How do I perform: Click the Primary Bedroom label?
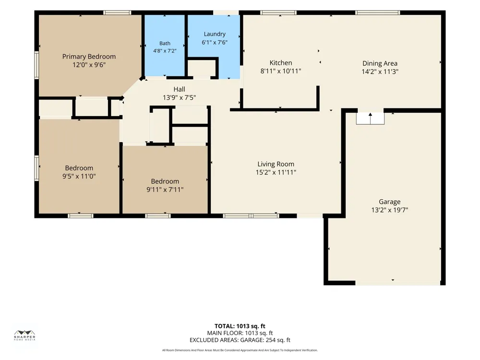pyautogui.click(x=89, y=57)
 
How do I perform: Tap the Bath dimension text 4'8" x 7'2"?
pyautogui.click(x=165, y=51)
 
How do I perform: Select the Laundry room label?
pyautogui.click(x=215, y=34)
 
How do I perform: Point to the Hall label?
pyautogui.click(x=180, y=89)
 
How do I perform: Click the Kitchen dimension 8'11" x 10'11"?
pyautogui.click(x=281, y=71)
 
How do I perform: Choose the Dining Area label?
pyautogui.click(x=380, y=63)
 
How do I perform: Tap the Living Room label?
pyautogui.click(x=276, y=164)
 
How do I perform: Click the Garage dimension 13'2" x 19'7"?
pyautogui.click(x=390, y=210)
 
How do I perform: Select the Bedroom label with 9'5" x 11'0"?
pyautogui.click(x=79, y=168)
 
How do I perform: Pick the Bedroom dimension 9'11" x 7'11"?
pyautogui.click(x=165, y=190)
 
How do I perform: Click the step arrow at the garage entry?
pyautogui.click(x=370, y=118)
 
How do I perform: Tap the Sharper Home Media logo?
pyautogui.click(x=25, y=336)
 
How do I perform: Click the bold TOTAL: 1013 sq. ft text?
pyautogui.click(x=240, y=326)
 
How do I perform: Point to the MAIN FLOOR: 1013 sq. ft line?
pyautogui.click(x=240, y=333)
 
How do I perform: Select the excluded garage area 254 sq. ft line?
pyautogui.click(x=240, y=340)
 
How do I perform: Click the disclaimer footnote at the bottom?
pyautogui.click(x=240, y=350)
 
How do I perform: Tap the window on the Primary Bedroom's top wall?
pyautogui.click(x=117, y=12)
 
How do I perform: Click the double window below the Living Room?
pyautogui.click(x=251, y=216)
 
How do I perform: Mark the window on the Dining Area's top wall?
pyautogui.click(x=377, y=12)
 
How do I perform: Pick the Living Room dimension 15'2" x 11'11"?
pyautogui.click(x=276, y=172)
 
